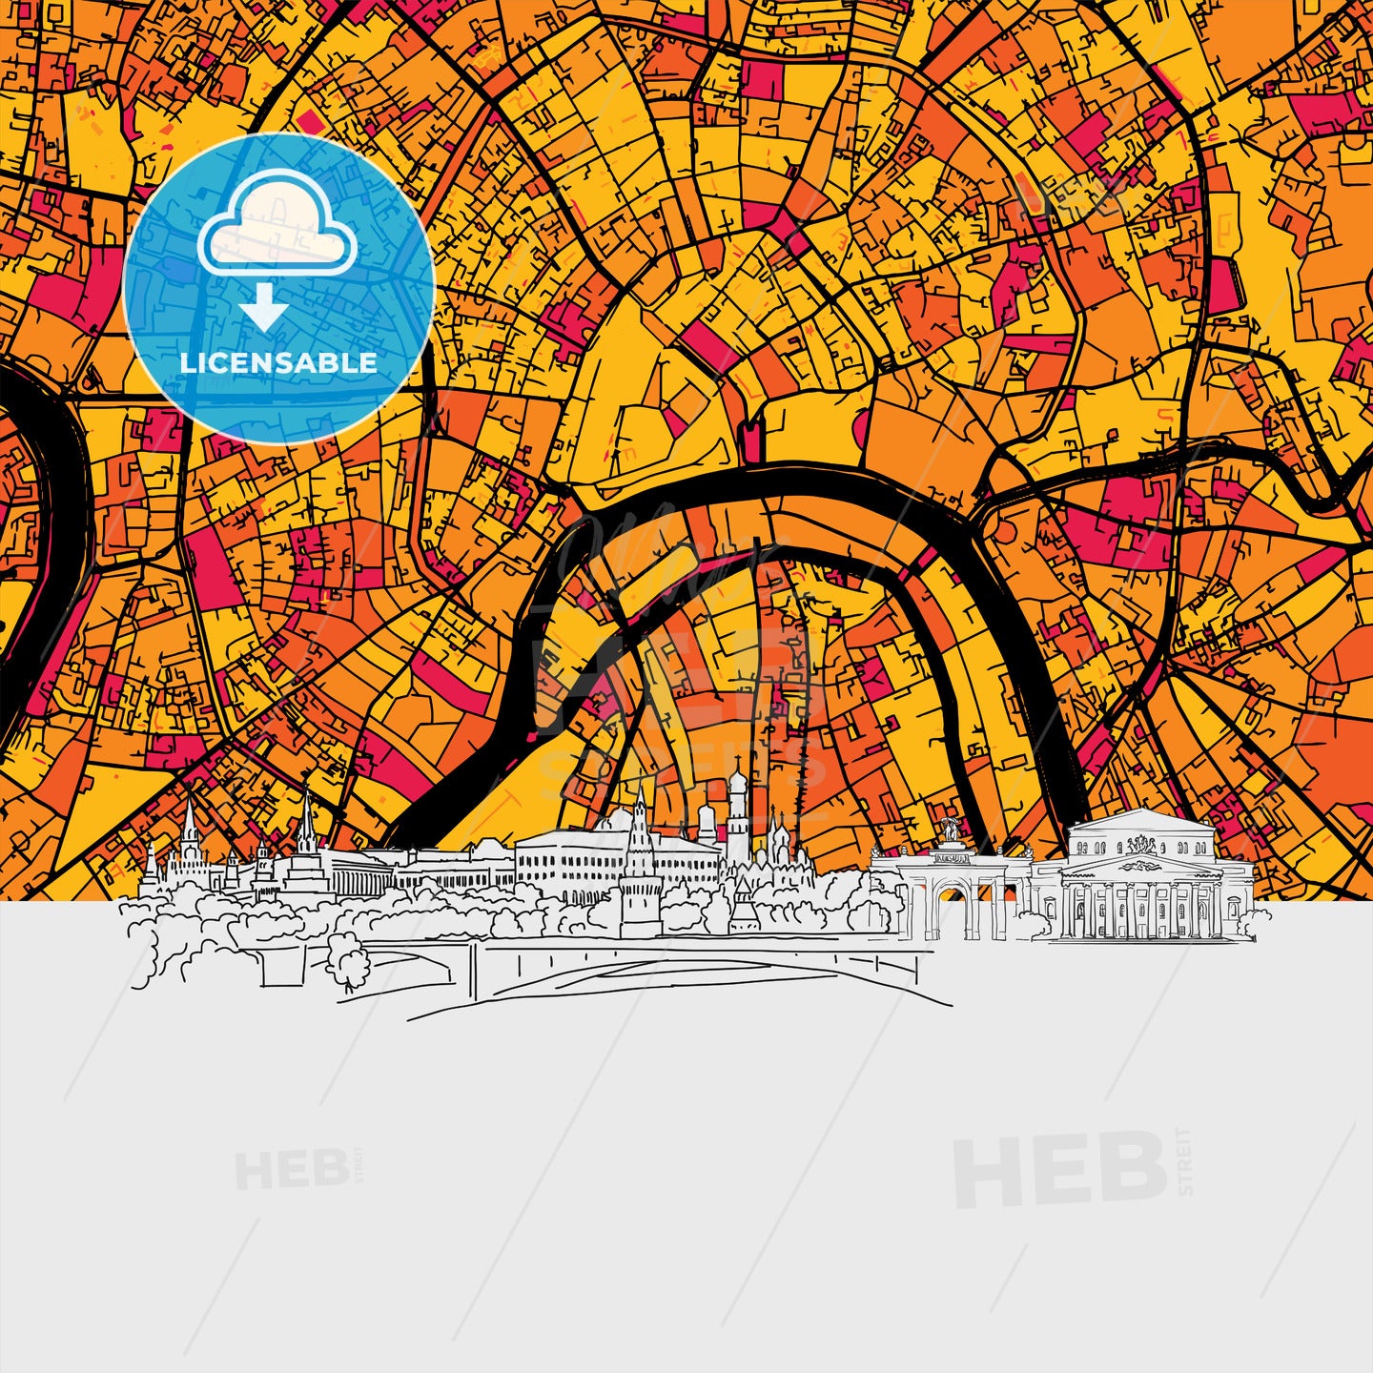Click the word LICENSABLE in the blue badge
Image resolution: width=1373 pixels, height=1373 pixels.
(278, 363)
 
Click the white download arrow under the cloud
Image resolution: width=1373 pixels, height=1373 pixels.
(264, 307)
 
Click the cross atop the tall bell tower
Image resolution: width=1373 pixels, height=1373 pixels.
(737, 763)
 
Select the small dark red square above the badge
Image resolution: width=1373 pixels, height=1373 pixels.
(307, 121)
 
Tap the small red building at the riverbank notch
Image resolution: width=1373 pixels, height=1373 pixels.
(750, 441)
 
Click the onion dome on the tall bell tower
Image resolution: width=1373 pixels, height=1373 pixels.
(737, 787)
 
